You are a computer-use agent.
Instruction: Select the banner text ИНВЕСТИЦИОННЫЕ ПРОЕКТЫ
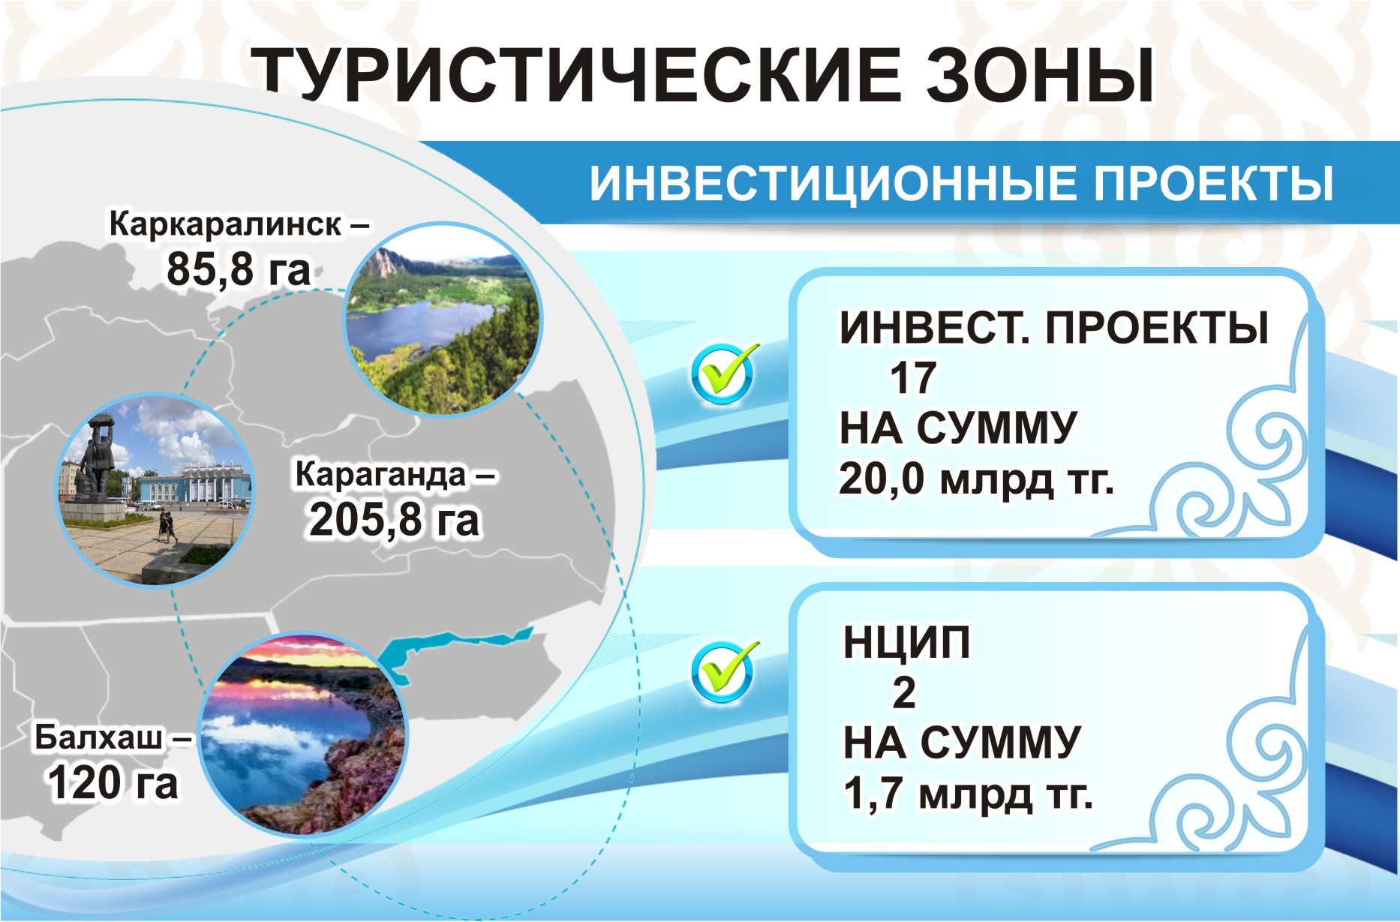pos(961,183)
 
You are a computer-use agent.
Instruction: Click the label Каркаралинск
pos(225,224)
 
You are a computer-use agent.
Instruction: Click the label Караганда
pos(381,474)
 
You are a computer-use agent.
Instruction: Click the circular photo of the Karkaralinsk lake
pos(443,319)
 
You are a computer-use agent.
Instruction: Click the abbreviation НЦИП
pos(907,643)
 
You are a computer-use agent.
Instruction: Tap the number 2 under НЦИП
pos(904,692)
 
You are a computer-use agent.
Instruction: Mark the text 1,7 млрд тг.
pos(968,793)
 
